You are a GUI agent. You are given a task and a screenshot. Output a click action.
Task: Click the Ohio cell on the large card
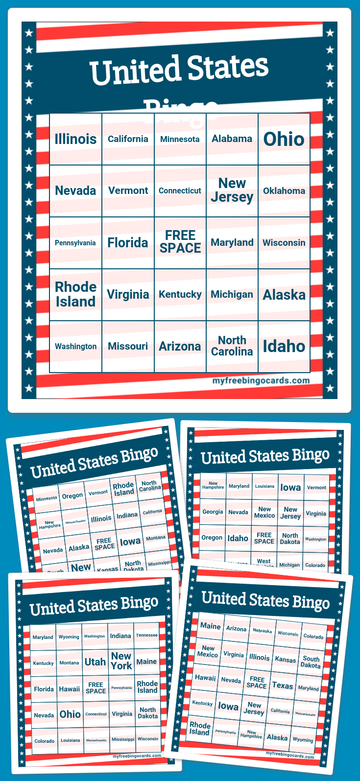click(x=284, y=139)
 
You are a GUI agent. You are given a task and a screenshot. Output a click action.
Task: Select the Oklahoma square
click(x=284, y=191)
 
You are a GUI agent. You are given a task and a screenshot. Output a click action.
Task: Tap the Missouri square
click(x=128, y=346)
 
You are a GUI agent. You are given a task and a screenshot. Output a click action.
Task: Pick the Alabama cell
click(x=232, y=139)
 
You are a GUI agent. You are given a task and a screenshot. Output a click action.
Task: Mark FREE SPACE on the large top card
click(x=180, y=242)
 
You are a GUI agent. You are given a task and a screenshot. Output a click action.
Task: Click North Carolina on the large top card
click(x=232, y=346)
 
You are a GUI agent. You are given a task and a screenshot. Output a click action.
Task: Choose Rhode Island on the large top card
click(x=76, y=294)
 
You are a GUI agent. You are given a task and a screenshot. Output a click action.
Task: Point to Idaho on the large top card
click(x=284, y=346)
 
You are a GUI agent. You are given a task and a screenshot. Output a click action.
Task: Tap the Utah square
click(x=95, y=662)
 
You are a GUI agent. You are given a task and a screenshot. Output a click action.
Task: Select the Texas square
click(x=283, y=686)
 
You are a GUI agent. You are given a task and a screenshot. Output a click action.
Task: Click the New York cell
click(x=121, y=661)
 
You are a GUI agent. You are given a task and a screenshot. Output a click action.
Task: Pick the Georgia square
click(x=213, y=512)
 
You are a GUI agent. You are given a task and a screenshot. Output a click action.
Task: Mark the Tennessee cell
click(x=147, y=635)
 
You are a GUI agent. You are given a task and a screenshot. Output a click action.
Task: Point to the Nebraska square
click(x=262, y=631)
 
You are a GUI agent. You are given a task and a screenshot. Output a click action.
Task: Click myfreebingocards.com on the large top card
click(x=261, y=380)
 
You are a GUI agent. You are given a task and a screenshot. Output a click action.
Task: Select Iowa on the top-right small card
click(x=290, y=487)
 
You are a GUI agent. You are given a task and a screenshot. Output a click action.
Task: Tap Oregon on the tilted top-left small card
click(x=72, y=496)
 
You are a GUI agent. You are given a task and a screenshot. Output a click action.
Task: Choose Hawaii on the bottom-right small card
click(x=205, y=678)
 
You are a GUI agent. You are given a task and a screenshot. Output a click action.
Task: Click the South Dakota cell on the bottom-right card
click(x=311, y=662)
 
